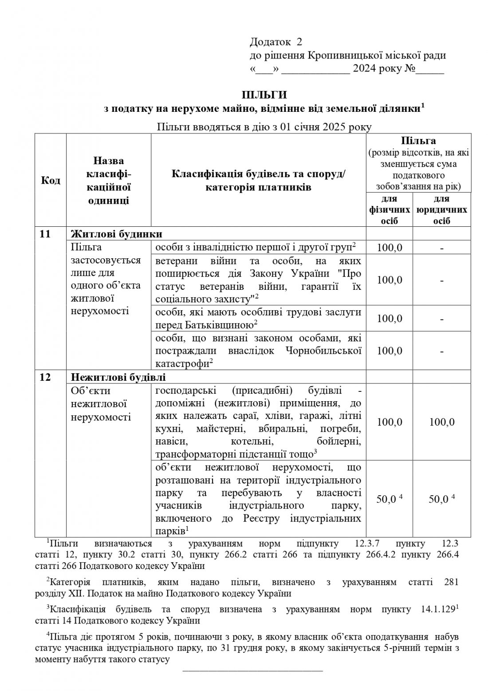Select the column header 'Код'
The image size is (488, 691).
pos(51,181)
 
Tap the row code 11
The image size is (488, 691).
pos(45,234)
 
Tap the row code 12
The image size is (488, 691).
pos(45,377)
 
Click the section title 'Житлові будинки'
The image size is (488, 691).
pos(117,234)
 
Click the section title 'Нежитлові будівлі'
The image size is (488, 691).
pos(118,377)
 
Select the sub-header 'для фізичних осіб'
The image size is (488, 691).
pos(390,209)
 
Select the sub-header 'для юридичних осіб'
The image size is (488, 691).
pos(441,209)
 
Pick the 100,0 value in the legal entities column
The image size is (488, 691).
pos(442,422)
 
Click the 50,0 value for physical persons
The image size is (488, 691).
pos(387,499)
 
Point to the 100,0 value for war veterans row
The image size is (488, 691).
pos(390,280)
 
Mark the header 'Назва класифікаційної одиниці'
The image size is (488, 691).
pos(108,181)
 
